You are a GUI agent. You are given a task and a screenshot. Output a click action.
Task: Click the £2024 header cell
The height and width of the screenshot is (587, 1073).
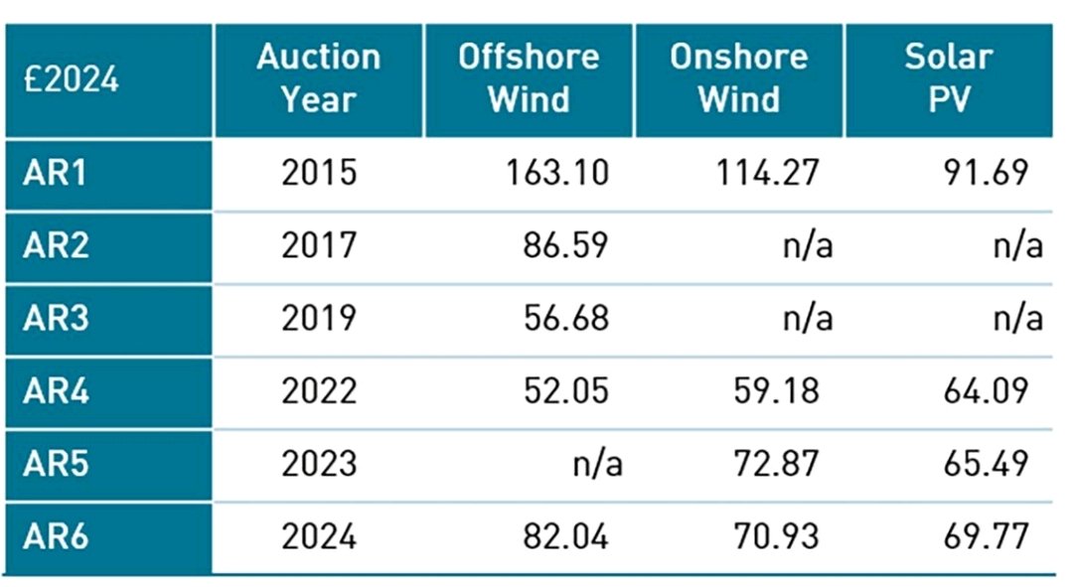(x=72, y=79)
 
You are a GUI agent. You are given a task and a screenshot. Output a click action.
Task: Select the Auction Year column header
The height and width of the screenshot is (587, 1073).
(x=318, y=78)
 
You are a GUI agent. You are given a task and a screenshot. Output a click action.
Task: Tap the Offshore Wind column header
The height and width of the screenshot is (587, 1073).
(x=529, y=78)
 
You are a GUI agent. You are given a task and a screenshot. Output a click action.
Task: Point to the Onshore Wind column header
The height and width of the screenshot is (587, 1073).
(x=738, y=78)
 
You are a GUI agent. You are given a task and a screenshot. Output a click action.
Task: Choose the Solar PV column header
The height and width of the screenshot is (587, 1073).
(x=948, y=78)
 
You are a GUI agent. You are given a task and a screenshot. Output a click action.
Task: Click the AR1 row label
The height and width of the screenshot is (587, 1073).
(x=56, y=174)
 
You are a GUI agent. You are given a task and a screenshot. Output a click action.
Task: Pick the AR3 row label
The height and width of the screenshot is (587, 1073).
(x=56, y=319)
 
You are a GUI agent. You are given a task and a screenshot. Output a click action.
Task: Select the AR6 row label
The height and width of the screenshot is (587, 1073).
(x=56, y=537)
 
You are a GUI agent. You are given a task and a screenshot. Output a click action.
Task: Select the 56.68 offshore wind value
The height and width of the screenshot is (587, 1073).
(x=565, y=319)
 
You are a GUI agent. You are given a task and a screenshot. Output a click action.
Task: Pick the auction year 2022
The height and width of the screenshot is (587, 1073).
(x=318, y=391)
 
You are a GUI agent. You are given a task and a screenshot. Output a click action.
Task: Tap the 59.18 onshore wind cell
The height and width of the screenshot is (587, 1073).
(x=771, y=391)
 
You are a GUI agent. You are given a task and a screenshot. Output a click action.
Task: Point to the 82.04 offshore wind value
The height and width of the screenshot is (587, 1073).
(x=565, y=537)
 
